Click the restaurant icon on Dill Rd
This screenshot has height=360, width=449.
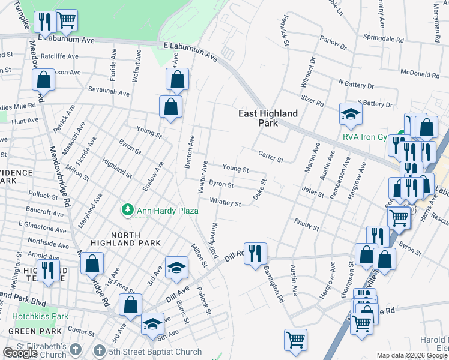255,253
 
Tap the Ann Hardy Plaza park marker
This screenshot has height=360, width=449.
127,210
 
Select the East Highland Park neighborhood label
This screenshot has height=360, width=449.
268,118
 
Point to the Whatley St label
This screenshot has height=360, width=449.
225,203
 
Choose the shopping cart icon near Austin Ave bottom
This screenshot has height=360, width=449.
295,340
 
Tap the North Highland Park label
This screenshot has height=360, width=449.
126,238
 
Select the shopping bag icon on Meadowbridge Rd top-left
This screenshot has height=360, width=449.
43,79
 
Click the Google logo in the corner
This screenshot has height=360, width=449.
20,353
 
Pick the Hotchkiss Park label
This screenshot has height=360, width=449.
40,316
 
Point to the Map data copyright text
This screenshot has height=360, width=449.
412,355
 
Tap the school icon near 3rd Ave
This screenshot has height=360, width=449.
176,268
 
